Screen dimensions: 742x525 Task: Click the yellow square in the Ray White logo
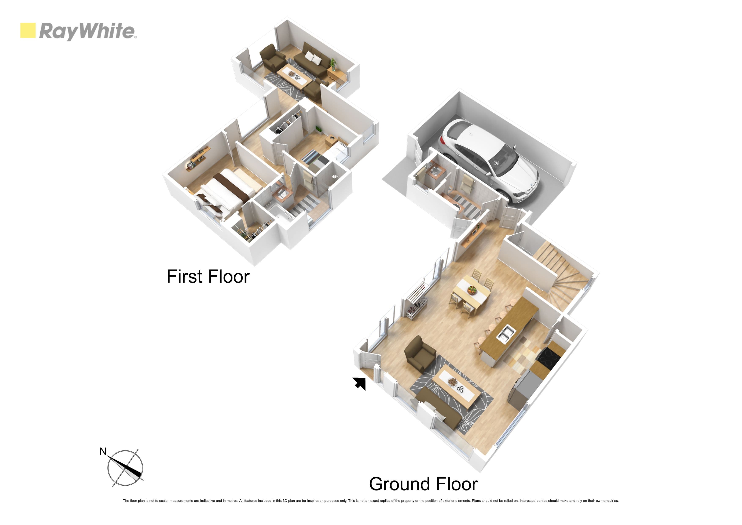(28, 30)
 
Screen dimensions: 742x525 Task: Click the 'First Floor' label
(208, 276)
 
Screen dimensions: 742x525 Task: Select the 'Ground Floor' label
(423, 484)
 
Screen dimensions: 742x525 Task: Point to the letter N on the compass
(103, 451)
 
